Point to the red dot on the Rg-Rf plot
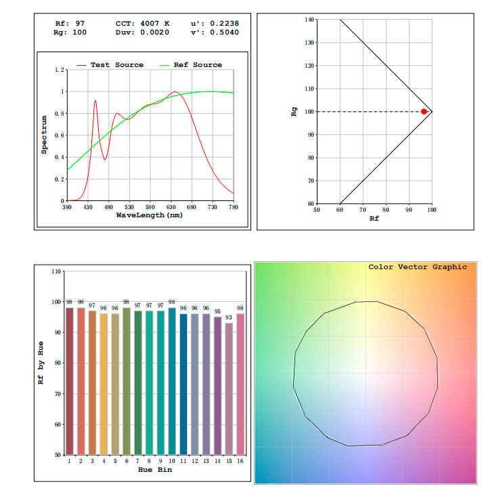point(424,111)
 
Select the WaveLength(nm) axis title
point(149,215)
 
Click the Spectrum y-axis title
point(44,135)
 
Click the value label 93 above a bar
point(229,317)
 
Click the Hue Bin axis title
point(154,468)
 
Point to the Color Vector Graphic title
point(417,267)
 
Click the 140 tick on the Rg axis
point(309,20)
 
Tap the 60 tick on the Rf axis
point(340,210)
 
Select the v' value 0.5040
point(225,32)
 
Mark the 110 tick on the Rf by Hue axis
point(56,271)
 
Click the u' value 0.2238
point(225,23)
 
